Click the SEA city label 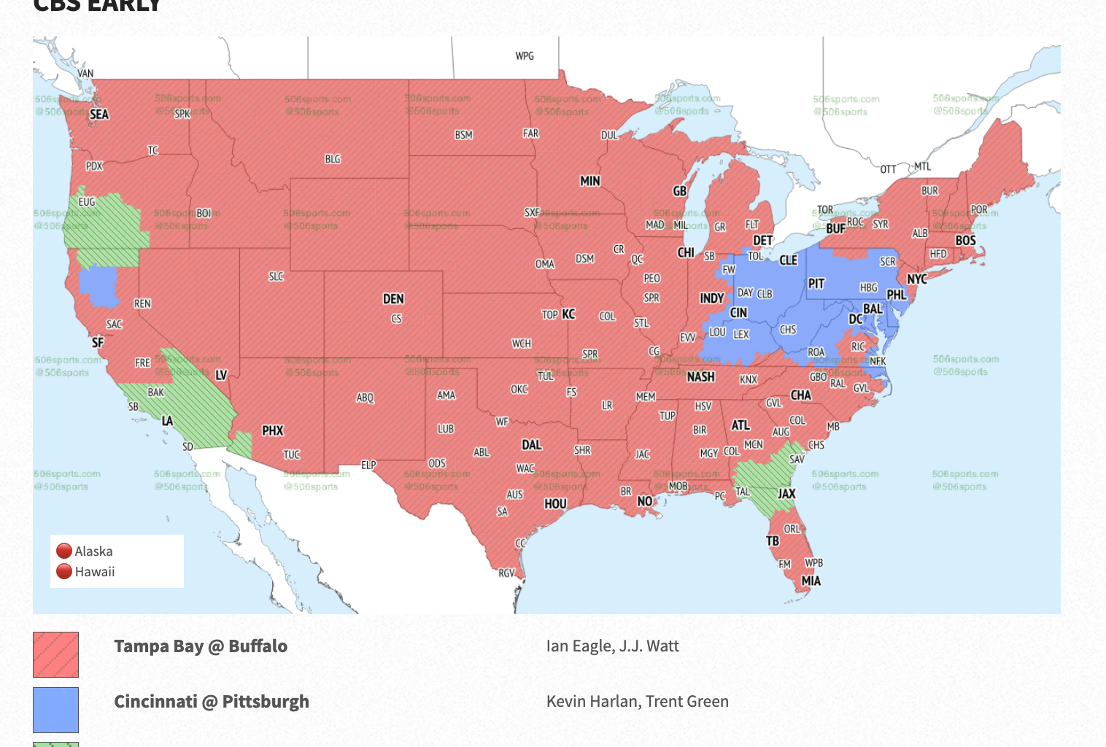[99, 115]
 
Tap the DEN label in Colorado [393, 299]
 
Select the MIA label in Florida [811, 581]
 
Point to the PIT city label [816, 284]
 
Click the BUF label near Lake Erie [835, 228]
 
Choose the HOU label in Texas [555, 504]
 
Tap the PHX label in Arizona [273, 431]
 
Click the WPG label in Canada [525, 56]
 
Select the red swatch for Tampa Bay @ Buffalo [55, 654]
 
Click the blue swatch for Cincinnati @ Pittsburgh [55, 710]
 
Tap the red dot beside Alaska [64, 551]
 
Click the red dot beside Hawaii [64, 571]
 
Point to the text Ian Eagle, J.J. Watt [612, 646]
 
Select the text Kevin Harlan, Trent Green [637, 702]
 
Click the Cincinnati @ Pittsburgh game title [212, 702]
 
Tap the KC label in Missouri [568, 314]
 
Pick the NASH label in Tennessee [700, 377]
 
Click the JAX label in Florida [786, 494]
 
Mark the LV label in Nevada [221, 375]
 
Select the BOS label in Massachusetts [965, 241]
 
